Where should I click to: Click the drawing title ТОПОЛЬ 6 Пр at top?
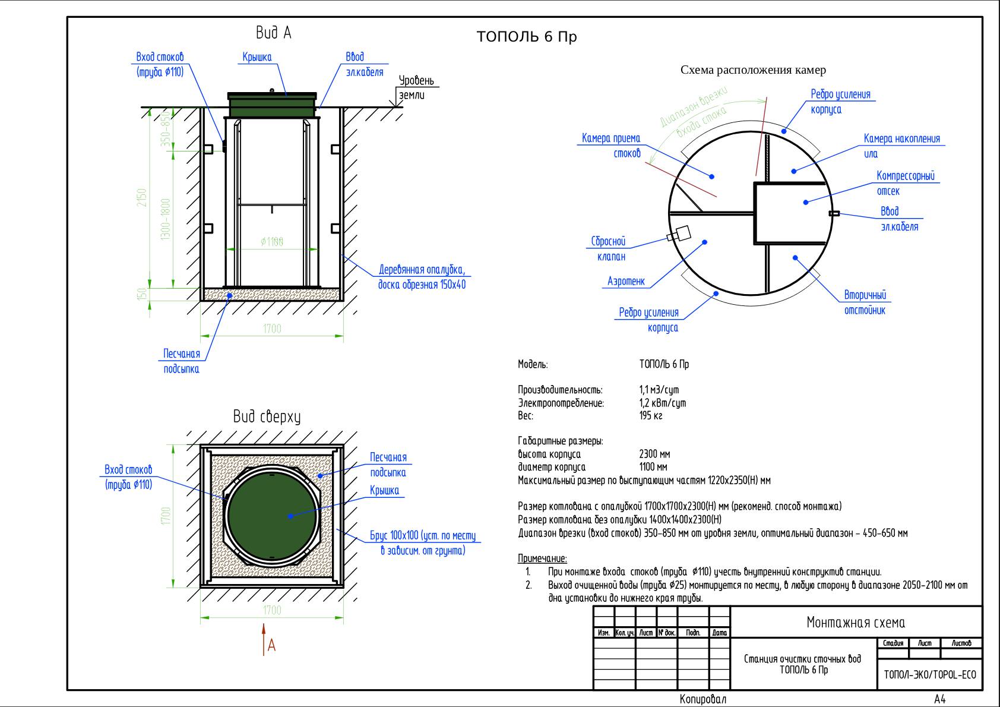click(527, 37)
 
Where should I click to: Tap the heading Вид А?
click(273, 33)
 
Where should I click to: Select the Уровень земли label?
click(416, 88)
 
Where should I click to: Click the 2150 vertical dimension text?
click(141, 198)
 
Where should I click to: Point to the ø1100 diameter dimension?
click(272, 242)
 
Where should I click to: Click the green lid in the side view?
click(273, 106)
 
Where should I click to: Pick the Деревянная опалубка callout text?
click(422, 277)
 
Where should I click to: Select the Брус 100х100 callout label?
click(423, 543)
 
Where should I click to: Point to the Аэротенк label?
click(626, 281)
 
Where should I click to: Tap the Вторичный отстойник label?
click(865, 302)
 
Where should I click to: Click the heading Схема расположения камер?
click(753, 70)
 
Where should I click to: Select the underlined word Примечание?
click(542, 558)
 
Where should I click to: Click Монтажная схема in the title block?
click(856, 623)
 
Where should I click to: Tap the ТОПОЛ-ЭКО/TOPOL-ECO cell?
click(930, 675)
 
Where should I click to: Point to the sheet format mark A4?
click(940, 699)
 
